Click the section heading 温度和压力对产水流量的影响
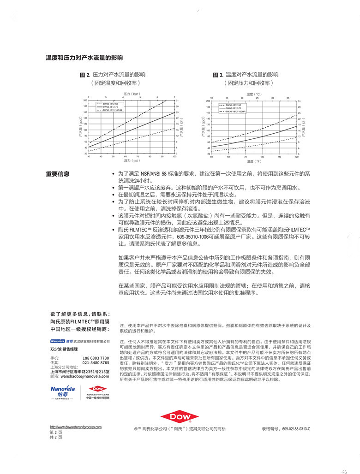[84, 58]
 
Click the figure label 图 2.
[84, 75]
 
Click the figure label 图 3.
[218, 75]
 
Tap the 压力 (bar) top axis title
[132, 94]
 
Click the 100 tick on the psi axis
[174, 157]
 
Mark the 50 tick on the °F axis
[211, 157]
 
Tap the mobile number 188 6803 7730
[96, 358]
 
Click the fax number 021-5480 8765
[96, 362]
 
